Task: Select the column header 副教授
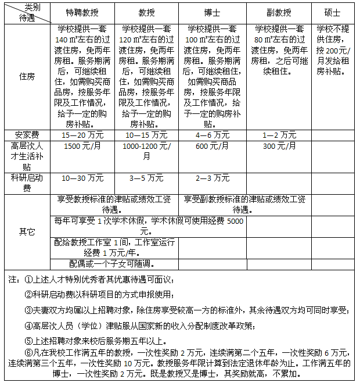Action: tap(279, 12)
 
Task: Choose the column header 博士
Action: tap(213, 12)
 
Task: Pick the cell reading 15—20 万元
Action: tap(82, 134)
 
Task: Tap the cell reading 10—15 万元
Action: tap(146, 134)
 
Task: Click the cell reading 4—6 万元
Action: tap(213, 134)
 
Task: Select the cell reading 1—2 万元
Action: tap(279, 134)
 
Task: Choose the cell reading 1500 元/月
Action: tap(82, 146)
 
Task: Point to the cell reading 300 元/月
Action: tap(279, 146)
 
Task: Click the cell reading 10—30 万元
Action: tap(82, 177)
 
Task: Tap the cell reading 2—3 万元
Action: tap(213, 177)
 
